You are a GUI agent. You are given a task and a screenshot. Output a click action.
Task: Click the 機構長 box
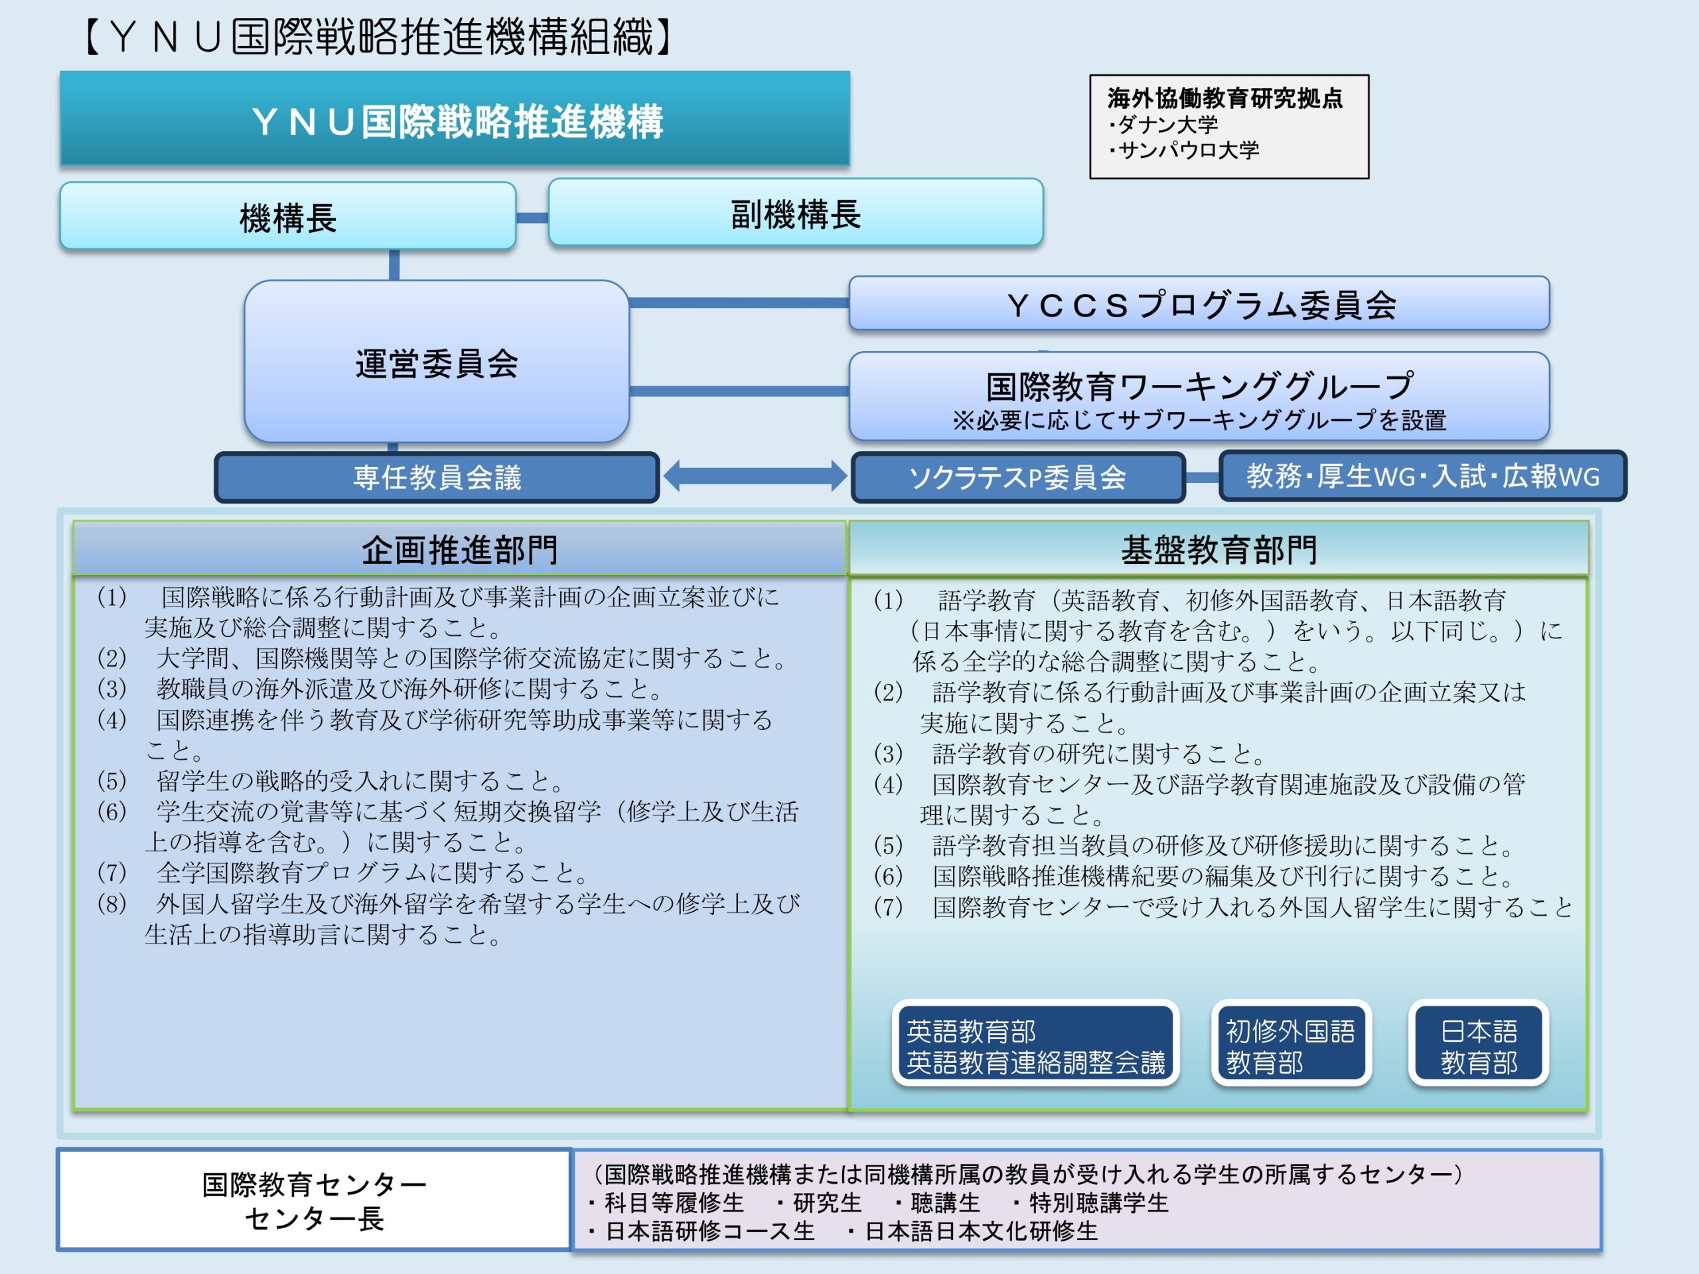click(288, 216)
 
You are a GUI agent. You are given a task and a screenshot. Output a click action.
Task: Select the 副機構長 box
click(796, 213)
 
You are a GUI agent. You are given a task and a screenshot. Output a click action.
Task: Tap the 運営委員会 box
click(436, 362)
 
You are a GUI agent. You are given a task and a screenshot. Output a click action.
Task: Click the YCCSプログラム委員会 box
click(1199, 304)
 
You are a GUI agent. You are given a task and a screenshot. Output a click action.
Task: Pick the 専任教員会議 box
click(437, 478)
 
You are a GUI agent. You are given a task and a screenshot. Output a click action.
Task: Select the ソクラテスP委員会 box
click(1017, 478)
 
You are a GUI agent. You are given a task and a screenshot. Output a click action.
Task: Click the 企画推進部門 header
click(459, 549)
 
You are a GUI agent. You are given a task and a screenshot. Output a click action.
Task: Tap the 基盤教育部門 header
click(1219, 549)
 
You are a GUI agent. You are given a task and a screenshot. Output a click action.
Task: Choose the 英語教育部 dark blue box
click(1035, 1045)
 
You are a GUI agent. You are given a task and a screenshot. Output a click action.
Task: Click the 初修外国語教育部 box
click(1291, 1045)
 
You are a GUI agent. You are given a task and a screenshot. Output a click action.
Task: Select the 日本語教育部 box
click(1479, 1045)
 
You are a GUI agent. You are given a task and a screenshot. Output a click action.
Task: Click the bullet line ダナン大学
click(1163, 124)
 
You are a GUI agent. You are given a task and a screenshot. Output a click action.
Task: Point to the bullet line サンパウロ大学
click(1183, 150)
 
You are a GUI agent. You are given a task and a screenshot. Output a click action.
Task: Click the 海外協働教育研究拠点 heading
click(1225, 98)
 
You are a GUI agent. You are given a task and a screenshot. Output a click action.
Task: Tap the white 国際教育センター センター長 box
click(314, 1200)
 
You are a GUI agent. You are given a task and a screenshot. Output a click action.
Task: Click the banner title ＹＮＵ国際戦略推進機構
click(458, 121)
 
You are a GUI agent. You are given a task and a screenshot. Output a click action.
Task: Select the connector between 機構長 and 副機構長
click(532, 218)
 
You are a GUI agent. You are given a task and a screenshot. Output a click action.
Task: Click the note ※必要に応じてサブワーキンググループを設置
click(1199, 420)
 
